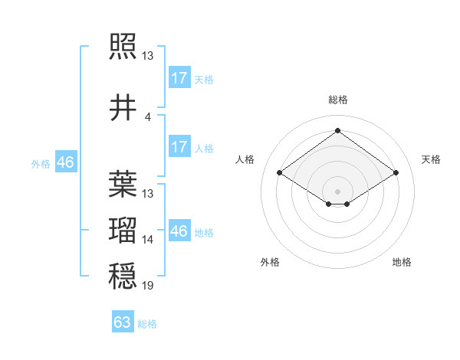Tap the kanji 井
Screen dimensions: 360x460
tap(123, 108)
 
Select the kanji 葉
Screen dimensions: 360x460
tap(123, 185)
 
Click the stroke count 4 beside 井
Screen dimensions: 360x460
tap(148, 116)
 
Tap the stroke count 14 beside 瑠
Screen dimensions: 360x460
tap(148, 240)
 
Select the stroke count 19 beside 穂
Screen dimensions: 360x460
tap(148, 286)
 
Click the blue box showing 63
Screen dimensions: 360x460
tap(123, 322)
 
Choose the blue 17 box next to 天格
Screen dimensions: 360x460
tap(179, 78)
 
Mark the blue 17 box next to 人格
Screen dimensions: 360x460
tap(179, 147)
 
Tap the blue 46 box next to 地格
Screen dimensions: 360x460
tap(179, 231)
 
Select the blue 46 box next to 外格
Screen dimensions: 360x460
tap(65, 162)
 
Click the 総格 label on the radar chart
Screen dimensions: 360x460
tap(337, 100)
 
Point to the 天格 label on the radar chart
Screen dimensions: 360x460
tap(431, 159)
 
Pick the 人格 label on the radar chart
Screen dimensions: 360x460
tap(245, 159)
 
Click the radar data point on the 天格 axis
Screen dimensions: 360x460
tap(396, 173)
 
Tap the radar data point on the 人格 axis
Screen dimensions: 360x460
tap(280, 173)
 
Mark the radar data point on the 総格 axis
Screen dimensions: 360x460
tap(337, 131)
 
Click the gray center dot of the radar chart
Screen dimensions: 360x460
tap(337, 190)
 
